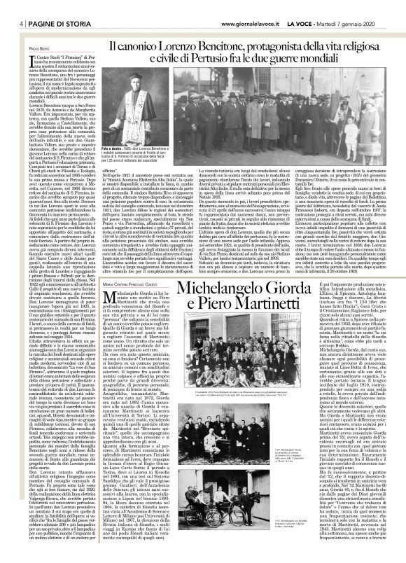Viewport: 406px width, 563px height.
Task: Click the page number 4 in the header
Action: pyautogui.click(x=14, y=6)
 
